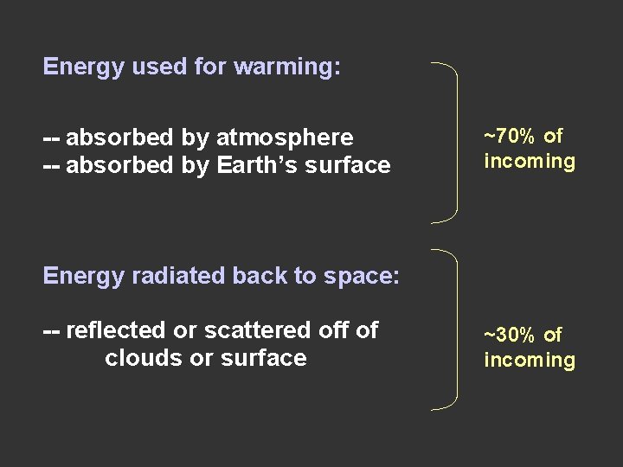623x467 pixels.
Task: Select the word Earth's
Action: (x=266, y=165)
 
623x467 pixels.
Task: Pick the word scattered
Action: (x=243, y=330)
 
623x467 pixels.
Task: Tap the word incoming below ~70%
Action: (x=530, y=162)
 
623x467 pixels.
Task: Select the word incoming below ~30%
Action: (x=530, y=361)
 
